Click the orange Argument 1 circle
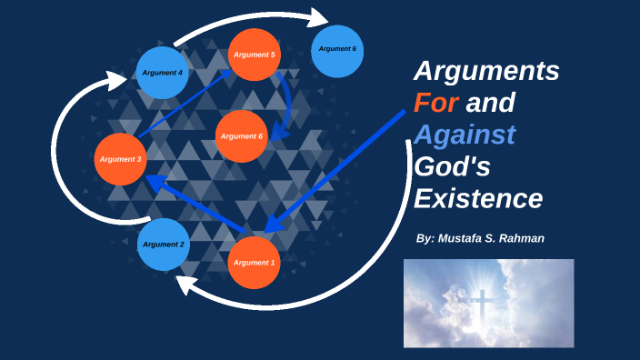coord(254,263)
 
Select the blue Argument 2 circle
coord(164,245)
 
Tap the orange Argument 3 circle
coord(120,159)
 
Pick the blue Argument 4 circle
coord(163,72)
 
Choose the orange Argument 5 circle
coord(254,55)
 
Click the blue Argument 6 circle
coord(337,49)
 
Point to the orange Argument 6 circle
coord(242,136)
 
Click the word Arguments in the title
coord(486,72)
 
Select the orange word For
coord(435,104)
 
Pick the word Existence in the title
coord(478,198)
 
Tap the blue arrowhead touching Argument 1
coord(271,223)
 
